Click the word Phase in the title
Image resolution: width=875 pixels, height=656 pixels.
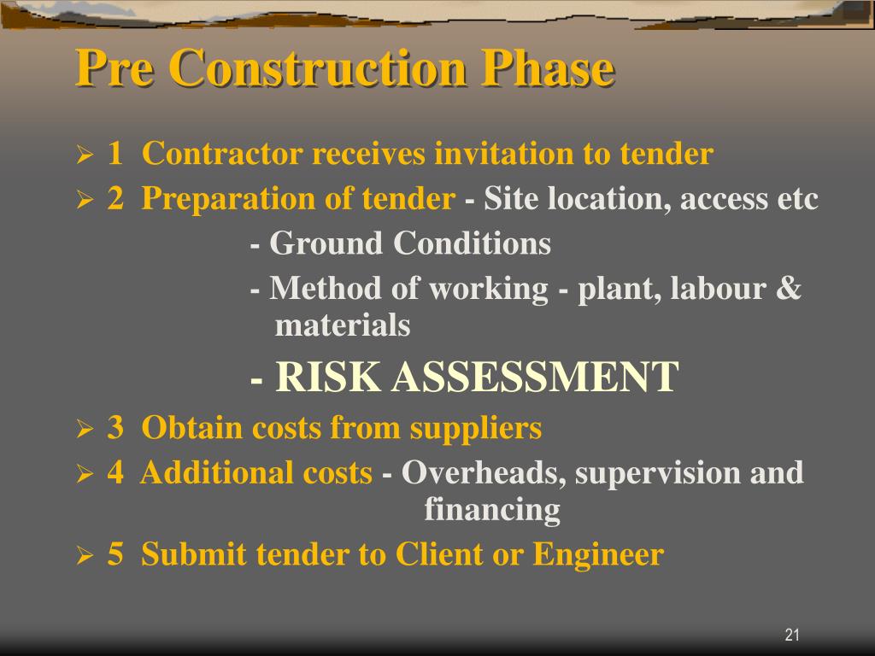point(548,69)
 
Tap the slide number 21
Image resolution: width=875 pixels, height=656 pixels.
point(791,635)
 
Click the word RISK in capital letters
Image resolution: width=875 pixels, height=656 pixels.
point(328,377)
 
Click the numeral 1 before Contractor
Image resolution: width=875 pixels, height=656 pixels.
point(115,155)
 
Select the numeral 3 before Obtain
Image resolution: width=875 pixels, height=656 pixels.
point(115,428)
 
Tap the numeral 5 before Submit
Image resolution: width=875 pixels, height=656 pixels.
point(115,555)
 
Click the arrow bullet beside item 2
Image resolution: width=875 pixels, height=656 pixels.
point(84,201)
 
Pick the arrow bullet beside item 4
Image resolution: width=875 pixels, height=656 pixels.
point(84,474)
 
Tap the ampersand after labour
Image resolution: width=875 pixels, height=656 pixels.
point(789,289)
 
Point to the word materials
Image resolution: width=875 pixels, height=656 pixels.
point(342,325)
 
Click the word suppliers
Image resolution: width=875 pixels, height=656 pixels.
point(476,428)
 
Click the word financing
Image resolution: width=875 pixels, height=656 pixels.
point(492,510)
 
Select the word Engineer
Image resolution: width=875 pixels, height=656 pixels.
point(598,555)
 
